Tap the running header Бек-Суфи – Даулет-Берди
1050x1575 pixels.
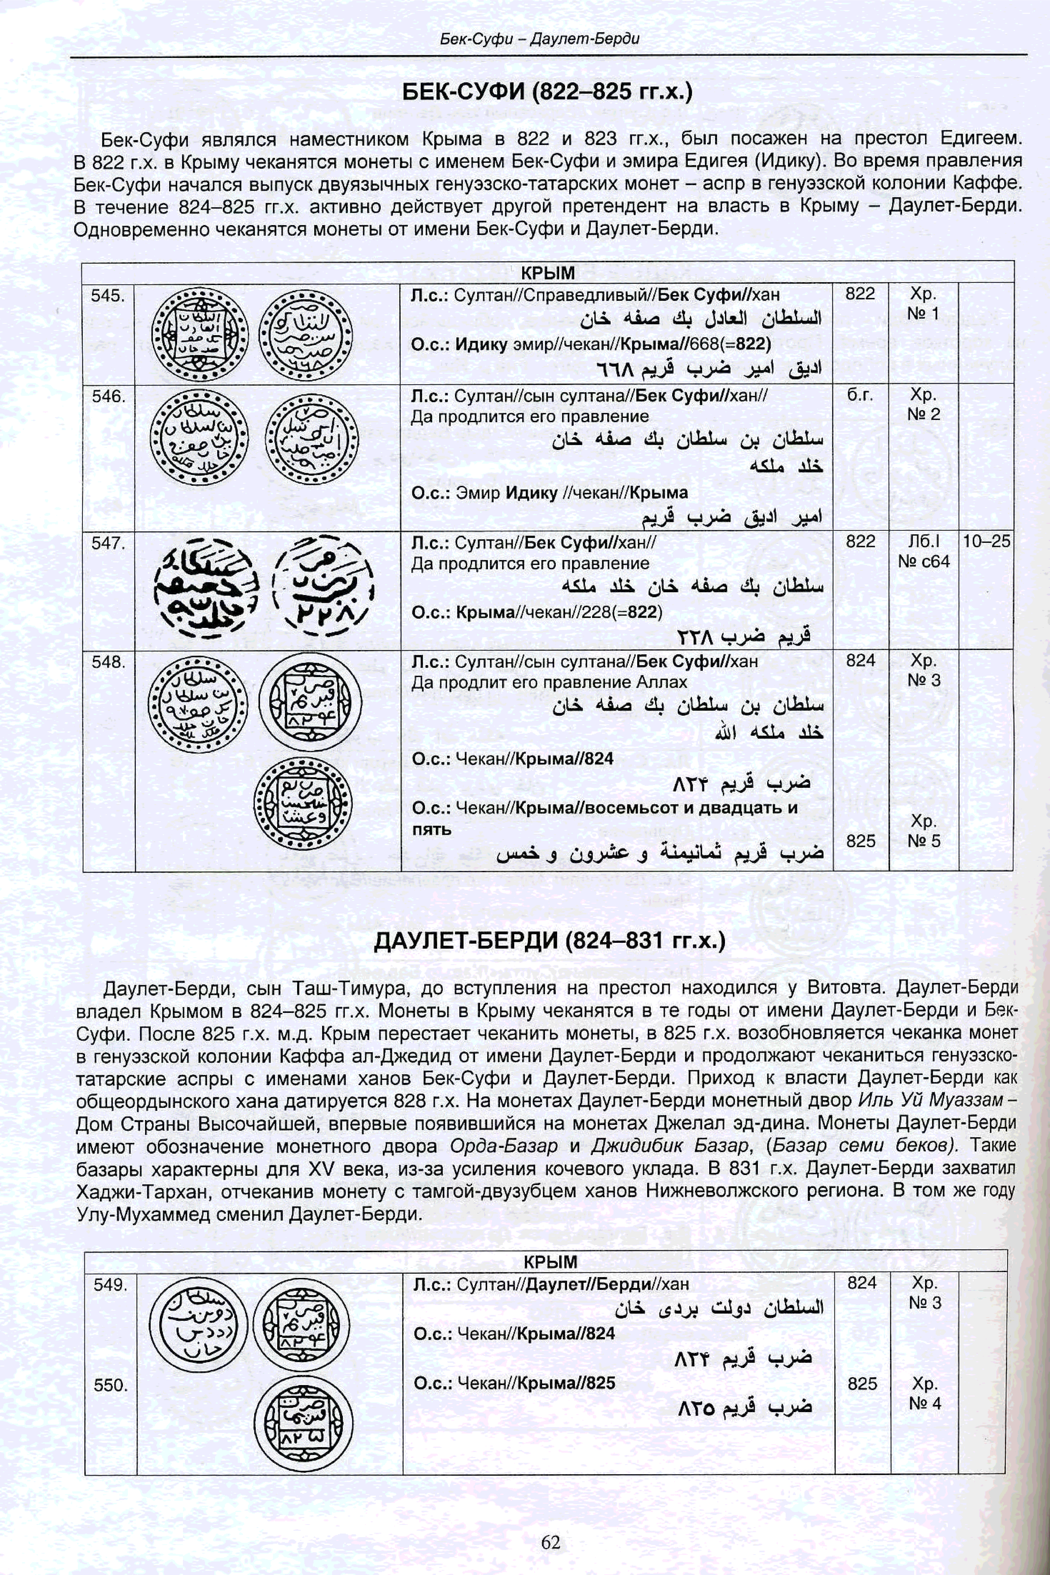(x=540, y=39)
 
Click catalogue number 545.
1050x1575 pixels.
(x=108, y=295)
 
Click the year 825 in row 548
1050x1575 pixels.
(x=861, y=840)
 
